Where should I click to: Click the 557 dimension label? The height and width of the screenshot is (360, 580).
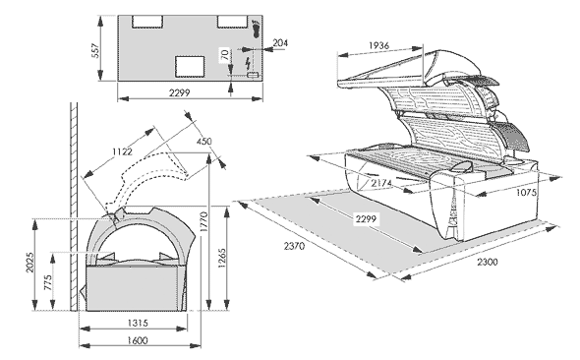[x=94, y=51]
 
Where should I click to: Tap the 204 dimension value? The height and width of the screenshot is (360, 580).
[x=280, y=43]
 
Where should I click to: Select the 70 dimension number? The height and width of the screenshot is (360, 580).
[x=224, y=55]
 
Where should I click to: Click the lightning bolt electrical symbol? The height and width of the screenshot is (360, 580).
[x=248, y=64]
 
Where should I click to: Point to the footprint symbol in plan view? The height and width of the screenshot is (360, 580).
[x=256, y=29]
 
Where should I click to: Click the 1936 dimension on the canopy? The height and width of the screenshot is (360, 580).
[x=379, y=45]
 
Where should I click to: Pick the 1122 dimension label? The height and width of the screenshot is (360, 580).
[x=123, y=151]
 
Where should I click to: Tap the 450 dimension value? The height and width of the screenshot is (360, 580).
[x=204, y=141]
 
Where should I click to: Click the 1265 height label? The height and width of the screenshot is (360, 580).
[x=222, y=259]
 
